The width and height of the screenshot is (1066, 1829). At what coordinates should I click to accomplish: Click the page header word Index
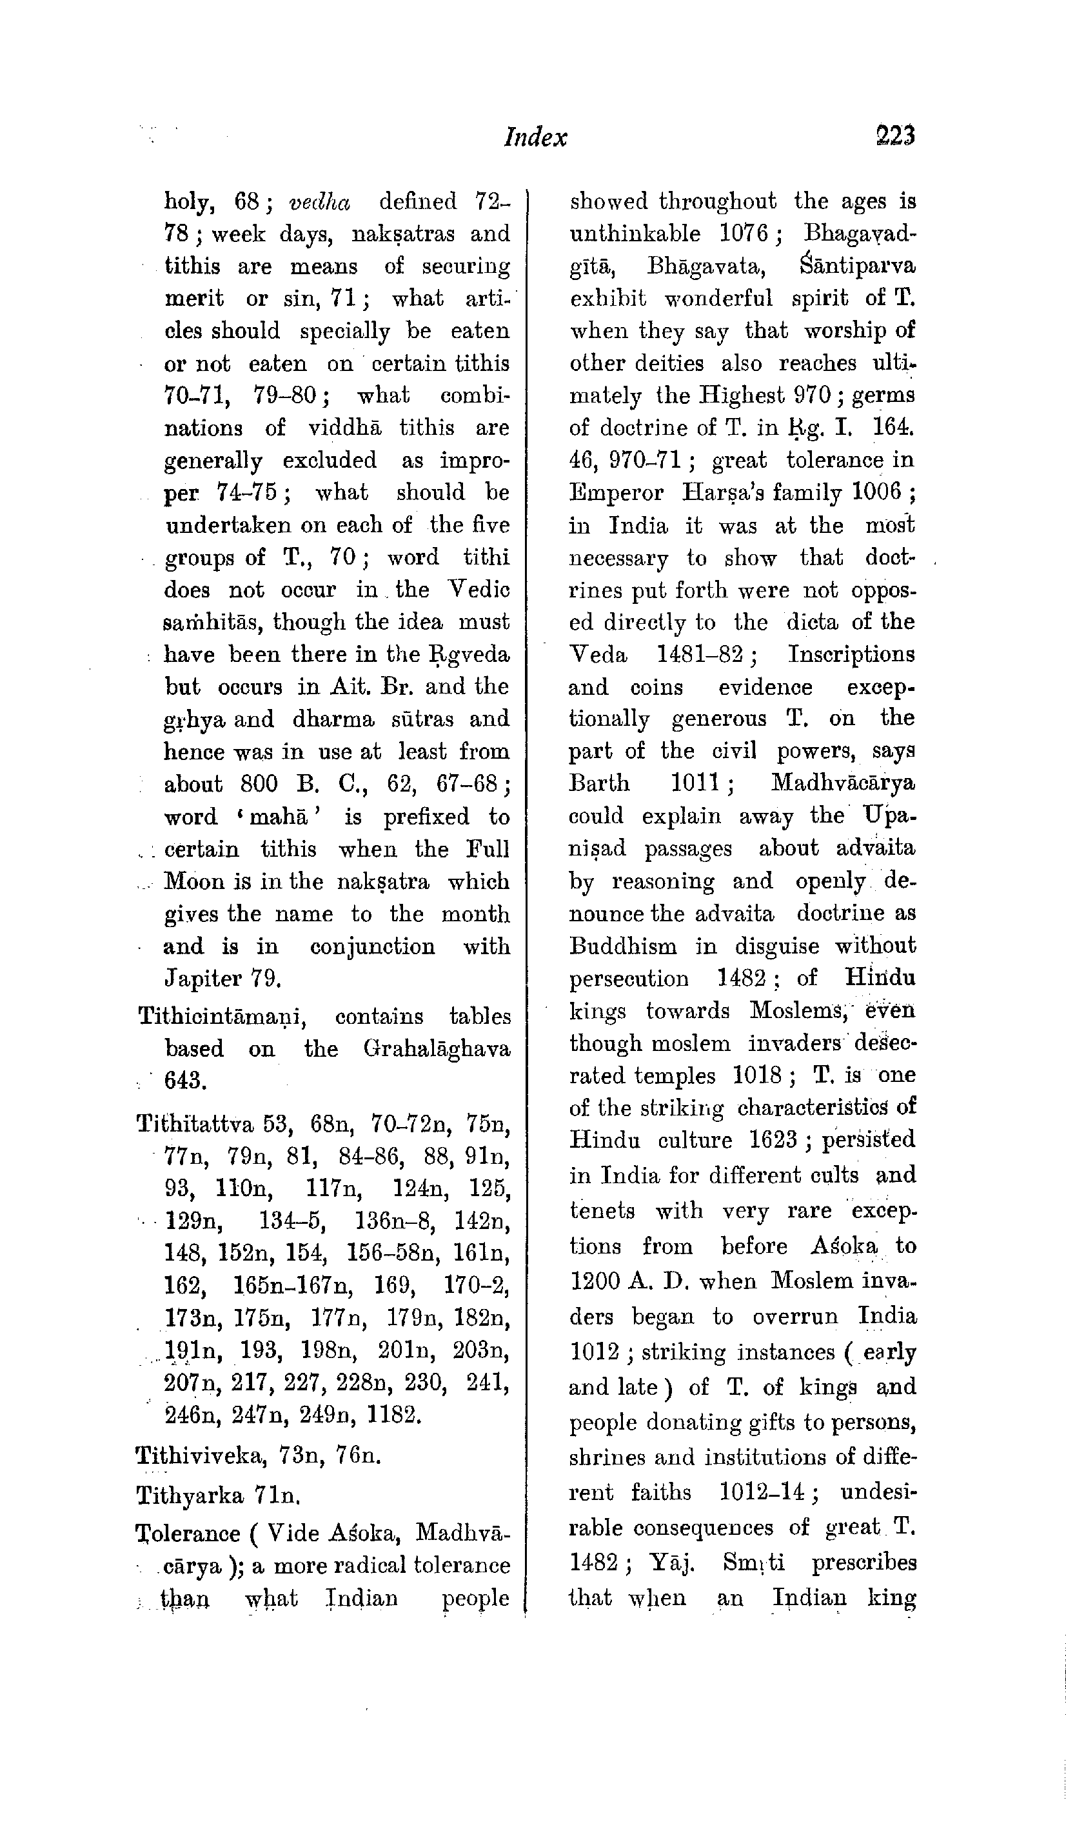coord(535,137)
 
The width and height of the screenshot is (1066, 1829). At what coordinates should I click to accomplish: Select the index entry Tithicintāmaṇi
coord(222,1017)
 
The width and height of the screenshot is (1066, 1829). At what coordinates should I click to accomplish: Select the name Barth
coord(599,783)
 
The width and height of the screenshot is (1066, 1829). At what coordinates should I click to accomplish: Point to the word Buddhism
coord(622,946)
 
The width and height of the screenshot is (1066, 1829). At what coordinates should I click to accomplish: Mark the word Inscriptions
coord(852,654)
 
